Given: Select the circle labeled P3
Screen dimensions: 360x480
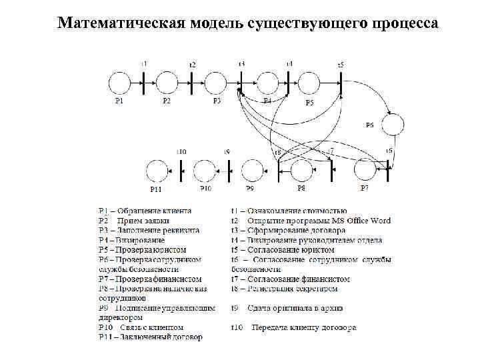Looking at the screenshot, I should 216,83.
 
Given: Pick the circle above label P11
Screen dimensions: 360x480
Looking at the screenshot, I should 157,171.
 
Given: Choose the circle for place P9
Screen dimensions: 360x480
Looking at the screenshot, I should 253,171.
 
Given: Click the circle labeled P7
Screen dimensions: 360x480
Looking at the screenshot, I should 365,171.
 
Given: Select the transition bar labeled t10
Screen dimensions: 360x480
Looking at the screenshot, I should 181,171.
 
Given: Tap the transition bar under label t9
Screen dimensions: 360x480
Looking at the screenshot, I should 229,171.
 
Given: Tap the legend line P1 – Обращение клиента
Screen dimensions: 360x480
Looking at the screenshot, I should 145,211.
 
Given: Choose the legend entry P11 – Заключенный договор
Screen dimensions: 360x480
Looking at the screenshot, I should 150,337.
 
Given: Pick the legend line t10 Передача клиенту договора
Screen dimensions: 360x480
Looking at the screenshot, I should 293,327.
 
